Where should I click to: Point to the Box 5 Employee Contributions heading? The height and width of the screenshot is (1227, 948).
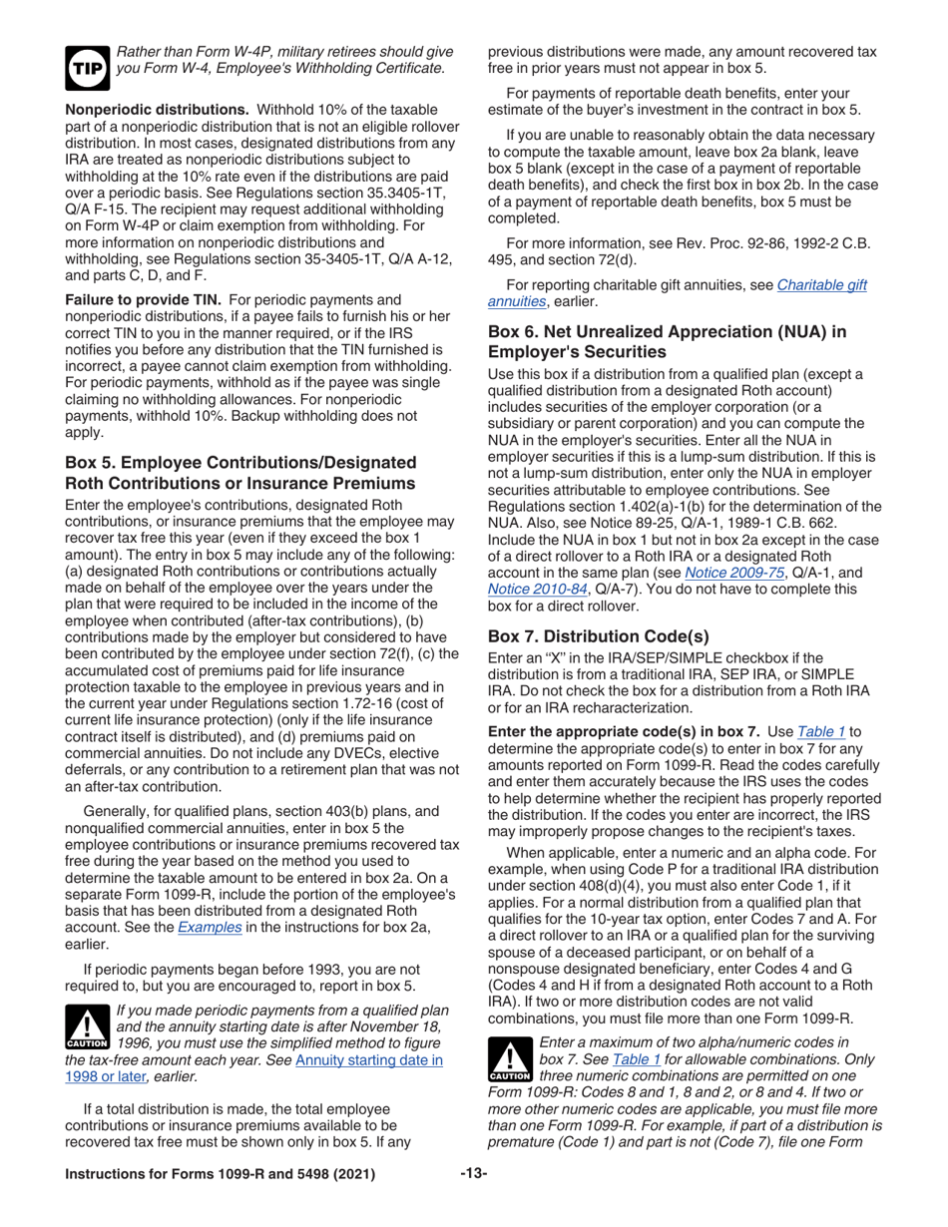click(240, 471)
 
